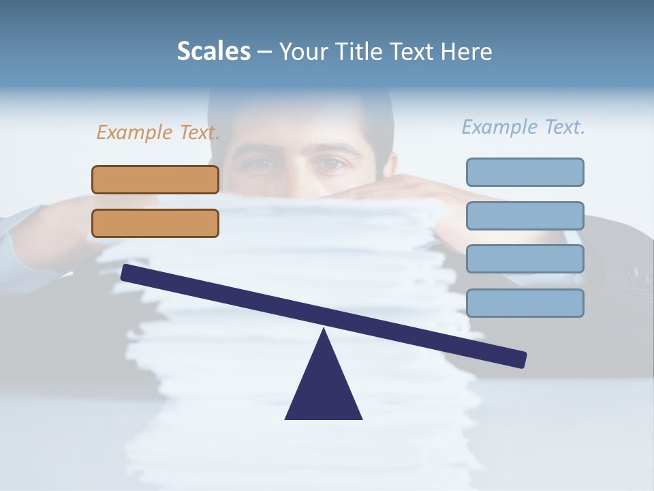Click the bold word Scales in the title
point(214,51)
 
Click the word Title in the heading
point(349,51)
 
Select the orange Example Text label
point(158,132)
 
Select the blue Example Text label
point(523,127)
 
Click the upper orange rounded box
point(155,179)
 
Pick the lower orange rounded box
point(155,223)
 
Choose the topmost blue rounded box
point(525,172)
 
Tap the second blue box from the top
point(525,215)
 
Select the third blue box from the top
point(525,259)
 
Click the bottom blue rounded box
point(525,303)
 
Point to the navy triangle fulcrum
point(324,389)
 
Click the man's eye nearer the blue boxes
point(330,164)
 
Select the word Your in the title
point(301,51)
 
